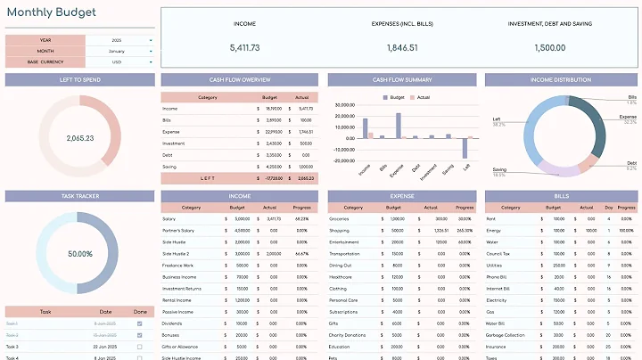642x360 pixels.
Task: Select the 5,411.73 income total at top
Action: tap(244, 48)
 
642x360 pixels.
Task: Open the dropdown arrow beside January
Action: tap(151, 51)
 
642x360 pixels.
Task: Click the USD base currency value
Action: tap(117, 62)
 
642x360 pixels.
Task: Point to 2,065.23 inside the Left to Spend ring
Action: tap(80, 139)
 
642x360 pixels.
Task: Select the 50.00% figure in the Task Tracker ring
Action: tap(80, 254)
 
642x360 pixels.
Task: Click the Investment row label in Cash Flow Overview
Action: tap(174, 143)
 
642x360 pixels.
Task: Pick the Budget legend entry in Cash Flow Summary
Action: tap(395, 96)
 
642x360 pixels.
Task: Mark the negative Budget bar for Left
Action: tap(465, 148)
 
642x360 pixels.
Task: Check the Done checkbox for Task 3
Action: tap(139, 346)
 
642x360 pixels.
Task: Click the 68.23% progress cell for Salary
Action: tap(302, 218)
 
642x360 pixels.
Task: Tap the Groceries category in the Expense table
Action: tap(340, 218)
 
